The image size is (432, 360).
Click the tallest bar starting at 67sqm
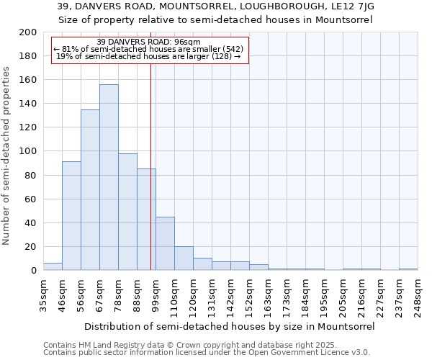[x=109, y=177]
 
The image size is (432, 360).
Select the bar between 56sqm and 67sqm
[x=90, y=190]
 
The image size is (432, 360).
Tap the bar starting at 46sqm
[x=71, y=216]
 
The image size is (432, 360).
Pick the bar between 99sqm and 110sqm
[x=165, y=243]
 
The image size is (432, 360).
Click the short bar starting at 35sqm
[x=53, y=266]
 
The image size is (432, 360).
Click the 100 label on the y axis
[x=30, y=151]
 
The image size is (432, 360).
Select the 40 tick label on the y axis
[x=32, y=222]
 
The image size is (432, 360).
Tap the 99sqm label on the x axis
[x=156, y=294]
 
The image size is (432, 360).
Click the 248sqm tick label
[x=418, y=297]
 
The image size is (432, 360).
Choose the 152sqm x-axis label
[x=249, y=297]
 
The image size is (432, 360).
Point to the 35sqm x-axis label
[x=43, y=294]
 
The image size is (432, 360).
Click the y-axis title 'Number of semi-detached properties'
[x=7, y=156]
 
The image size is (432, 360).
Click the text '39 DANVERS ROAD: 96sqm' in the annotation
[x=148, y=42]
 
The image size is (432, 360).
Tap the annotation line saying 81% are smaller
[x=148, y=49]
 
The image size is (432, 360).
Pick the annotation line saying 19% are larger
[x=148, y=56]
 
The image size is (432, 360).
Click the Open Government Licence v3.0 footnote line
[x=207, y=352]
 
